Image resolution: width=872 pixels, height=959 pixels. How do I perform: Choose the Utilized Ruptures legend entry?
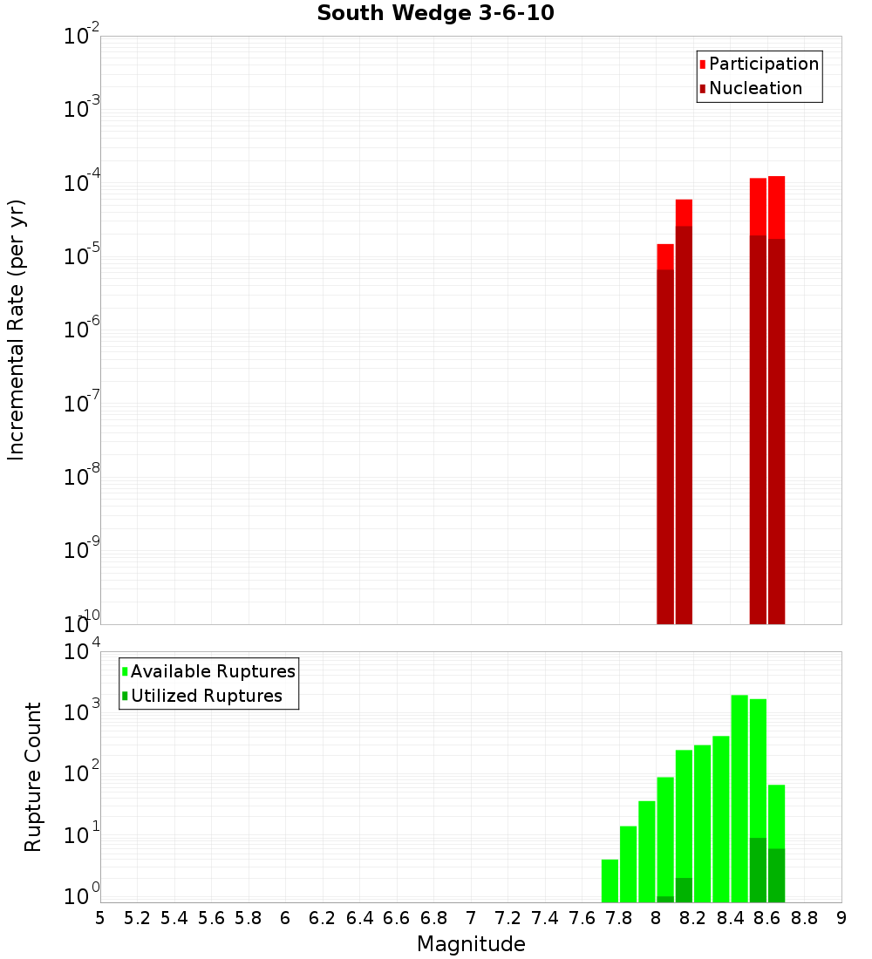206,696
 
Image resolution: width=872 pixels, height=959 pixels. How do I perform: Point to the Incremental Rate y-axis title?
17,330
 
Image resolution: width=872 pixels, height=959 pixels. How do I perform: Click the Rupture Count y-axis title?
33,776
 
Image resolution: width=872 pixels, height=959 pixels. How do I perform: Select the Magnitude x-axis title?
471,944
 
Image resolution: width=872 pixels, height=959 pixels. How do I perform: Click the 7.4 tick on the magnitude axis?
545,918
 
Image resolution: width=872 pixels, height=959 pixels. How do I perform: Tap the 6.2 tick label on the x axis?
323,918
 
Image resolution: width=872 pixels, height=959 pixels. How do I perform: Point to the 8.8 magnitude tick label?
805,918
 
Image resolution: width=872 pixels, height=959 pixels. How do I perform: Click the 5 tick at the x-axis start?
100,918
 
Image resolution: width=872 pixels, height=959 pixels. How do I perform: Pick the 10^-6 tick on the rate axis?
82,330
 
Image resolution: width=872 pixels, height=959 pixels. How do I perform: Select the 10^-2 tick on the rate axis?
82,37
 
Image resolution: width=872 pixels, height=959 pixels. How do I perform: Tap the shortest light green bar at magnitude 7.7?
610,881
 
